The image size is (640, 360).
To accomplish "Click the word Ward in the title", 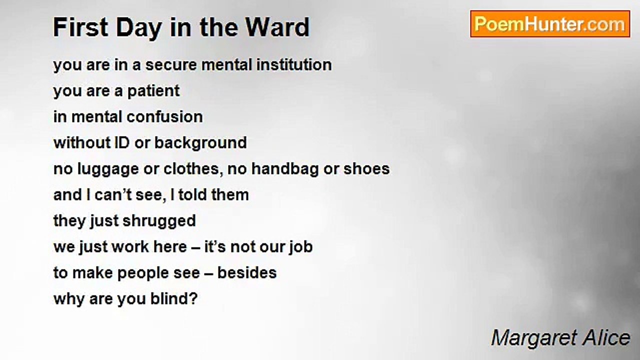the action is [x=277, y=27].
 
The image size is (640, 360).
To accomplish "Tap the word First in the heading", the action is [x=80, y=27].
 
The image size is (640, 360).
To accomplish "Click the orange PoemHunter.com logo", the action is [x=550, y=24].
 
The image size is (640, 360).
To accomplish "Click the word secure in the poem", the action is [x=171, y=65].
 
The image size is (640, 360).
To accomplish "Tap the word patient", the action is [x=153, y=91].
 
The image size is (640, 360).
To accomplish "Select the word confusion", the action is [x=164, y=117].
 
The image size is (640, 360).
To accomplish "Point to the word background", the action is [x=200, y=143].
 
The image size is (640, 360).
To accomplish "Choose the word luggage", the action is [x=108, y=169].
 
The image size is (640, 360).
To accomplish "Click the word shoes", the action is [x=366, y=168].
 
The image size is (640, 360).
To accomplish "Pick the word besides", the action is [x=247, y=273].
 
